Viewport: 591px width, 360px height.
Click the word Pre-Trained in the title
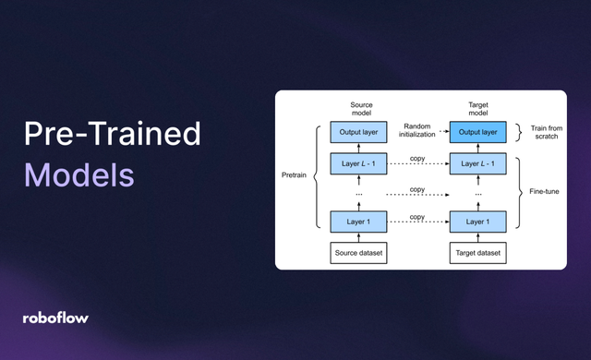click(112, 135)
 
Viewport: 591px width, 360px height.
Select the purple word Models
click(78, 174)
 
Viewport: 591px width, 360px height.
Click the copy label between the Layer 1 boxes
click(417, 217)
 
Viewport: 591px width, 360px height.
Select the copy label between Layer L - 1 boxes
click(417, 160)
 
